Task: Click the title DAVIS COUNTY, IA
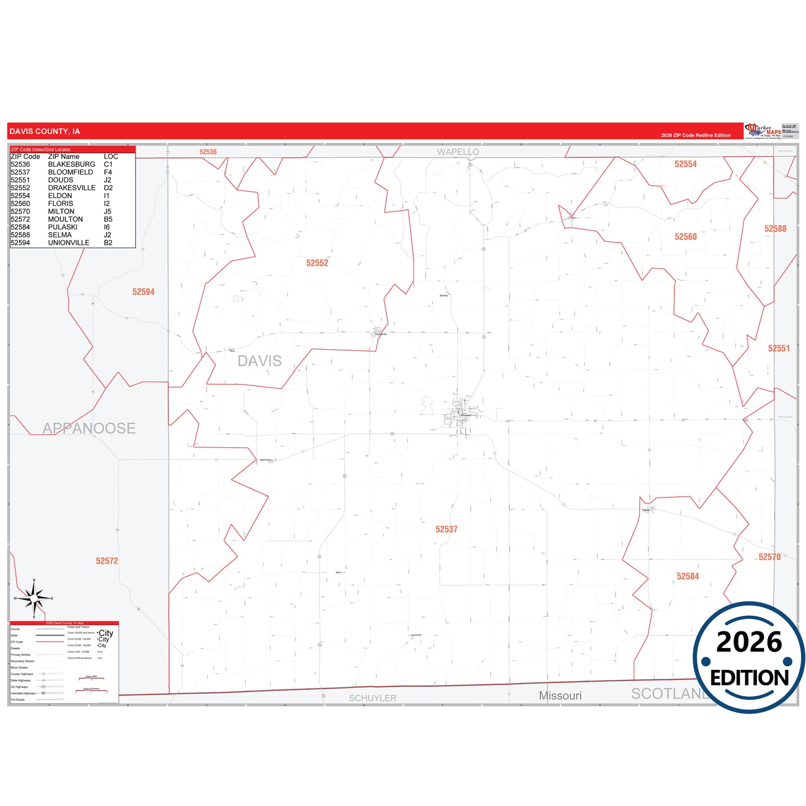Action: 45,132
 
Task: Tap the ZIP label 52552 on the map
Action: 317,263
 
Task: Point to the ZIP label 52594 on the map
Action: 143,292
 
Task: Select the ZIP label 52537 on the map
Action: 446,529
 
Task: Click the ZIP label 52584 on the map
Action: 687,577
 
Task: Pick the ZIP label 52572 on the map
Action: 107,561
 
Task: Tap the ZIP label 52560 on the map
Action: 686,237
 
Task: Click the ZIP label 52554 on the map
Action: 686,164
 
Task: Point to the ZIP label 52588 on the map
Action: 775,229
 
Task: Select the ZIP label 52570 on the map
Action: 769,557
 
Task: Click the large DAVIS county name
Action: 259,361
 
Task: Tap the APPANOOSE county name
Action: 89,428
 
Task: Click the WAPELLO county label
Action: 458,152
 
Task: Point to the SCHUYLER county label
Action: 373,698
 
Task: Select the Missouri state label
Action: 560,696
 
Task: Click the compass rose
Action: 34,599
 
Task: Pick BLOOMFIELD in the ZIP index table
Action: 70,172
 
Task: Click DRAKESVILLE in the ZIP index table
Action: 71,188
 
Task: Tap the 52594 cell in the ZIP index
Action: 21,243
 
